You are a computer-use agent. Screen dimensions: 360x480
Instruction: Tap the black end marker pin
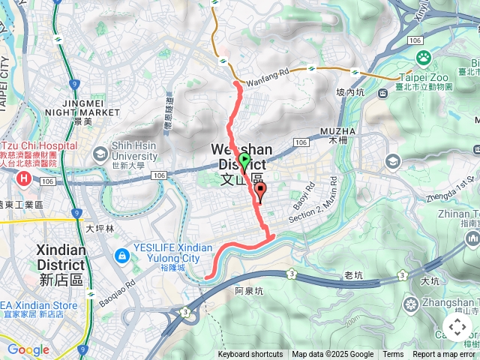point(260,190)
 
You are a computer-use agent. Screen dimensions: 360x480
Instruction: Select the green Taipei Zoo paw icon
point(424,57)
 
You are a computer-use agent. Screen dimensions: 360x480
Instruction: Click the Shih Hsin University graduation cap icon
point(100,154)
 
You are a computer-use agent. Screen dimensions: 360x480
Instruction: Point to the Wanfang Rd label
point(262,73)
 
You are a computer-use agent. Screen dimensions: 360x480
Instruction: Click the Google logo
point(28,349)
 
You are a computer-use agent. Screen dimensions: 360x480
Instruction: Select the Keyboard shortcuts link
point(250,355)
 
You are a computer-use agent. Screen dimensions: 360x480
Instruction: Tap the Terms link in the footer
point(393,355)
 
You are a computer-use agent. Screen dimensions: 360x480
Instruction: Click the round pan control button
point(457,328)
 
